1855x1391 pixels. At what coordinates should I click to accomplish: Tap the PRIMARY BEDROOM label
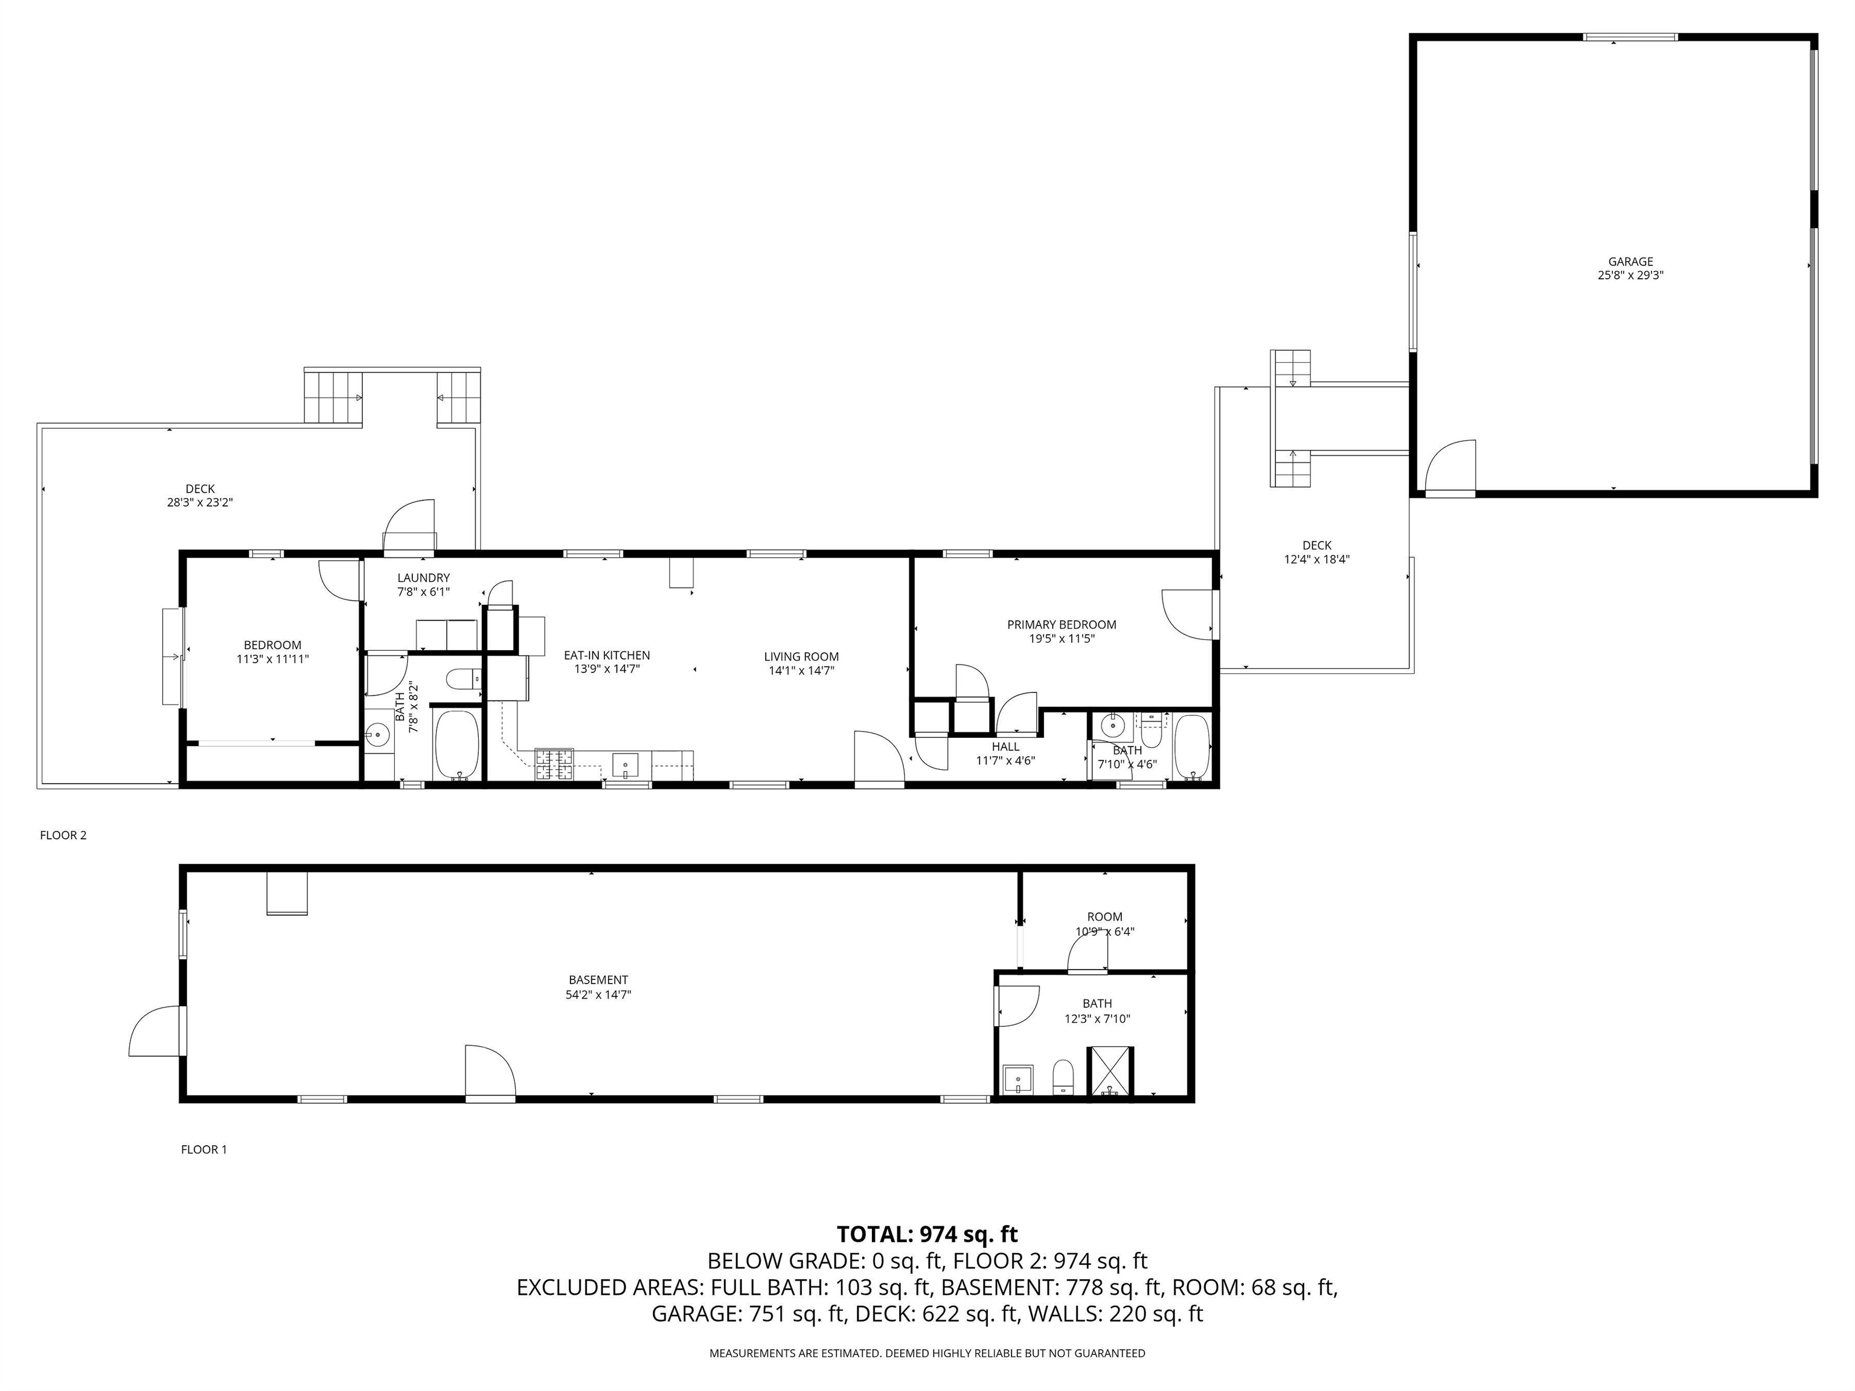pyautogui.click(x=1061, y=625)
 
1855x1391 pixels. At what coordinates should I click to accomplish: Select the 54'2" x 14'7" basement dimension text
pyautogui.click(x=598, y=994)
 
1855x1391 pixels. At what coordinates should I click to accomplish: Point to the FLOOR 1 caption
pyautogui.click(x=203, y=1150)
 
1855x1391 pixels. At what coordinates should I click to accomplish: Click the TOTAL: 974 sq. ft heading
pyautogui.click(x=927, y=1234)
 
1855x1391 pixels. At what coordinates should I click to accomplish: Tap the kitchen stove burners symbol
pyautogui.click(x=554, y=764)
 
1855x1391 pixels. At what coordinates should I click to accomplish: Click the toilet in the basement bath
pyautogui.click(x=1063, y=1076)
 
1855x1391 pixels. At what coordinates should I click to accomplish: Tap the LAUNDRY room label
pyautogui.click(x=423, y=578)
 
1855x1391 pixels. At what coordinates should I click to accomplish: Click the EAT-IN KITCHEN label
pyautogui.click(x=606, y=656)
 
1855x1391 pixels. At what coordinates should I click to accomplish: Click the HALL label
pyautogui.click(x=1005, y=747)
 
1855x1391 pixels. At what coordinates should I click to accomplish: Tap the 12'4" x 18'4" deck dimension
pyautogui.click(x=1316, y=559)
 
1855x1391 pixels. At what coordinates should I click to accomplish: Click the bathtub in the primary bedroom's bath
pyautogui.click(x=1191, y=746)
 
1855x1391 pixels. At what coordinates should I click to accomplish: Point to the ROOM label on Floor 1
pyautogui.click(x=1104, y=917)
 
